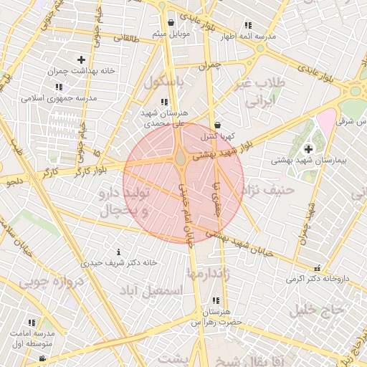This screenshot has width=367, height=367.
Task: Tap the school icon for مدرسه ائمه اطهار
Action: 248,25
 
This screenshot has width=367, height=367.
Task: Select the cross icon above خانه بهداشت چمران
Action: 80,59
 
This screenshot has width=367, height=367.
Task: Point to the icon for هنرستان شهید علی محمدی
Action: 165,103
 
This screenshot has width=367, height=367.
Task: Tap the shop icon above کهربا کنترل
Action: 217,125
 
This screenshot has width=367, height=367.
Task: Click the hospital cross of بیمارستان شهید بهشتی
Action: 308,149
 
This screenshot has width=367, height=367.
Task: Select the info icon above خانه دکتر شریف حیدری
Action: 118,252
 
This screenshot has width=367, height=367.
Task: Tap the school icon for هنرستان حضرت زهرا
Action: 216,301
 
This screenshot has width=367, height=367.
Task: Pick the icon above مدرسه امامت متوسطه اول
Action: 31,323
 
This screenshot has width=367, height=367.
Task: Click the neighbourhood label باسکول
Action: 163,82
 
